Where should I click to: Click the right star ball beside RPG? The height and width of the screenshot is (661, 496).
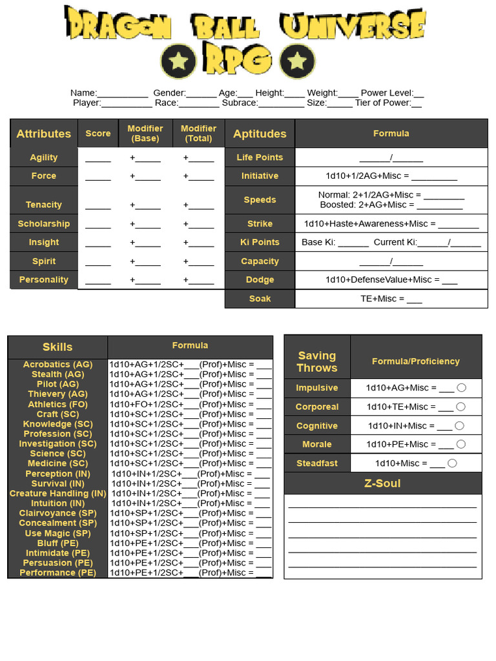(x=297, y=61)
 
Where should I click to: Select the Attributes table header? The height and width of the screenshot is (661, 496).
(x=43, y=134)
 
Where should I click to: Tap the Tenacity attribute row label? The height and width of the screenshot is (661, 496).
(x=43, y=204)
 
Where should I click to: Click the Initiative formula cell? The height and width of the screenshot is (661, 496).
(x=391, y=176)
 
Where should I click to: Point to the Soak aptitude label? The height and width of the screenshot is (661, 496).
(x=260, y=299)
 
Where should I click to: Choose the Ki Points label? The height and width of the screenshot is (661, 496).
(x=260, y=242)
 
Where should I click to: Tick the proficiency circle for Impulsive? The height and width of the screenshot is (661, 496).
(x=461, y=388)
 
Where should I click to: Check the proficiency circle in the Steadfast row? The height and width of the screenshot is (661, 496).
(x=452, y=463)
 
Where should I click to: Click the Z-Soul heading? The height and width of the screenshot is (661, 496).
(x=382, y=483)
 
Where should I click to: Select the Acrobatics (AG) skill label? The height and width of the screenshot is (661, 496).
(x=57, y=364)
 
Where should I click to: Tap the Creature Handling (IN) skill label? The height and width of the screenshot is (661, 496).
(x=57, y=493)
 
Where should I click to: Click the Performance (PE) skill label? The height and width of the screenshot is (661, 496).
(x=57, y=573)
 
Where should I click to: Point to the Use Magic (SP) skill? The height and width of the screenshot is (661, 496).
(x=57, y=533)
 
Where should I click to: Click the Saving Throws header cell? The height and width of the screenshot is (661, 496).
(x=317, y=361)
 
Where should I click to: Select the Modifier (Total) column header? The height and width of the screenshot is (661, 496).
(x=198, y=134)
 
